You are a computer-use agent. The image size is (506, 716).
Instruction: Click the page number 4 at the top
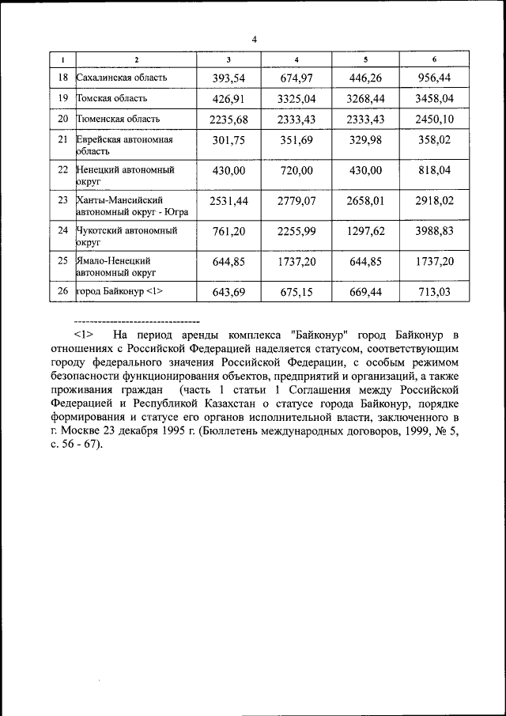(x=254, y=39)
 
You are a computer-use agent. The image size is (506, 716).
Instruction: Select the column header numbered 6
(x=434, y=60)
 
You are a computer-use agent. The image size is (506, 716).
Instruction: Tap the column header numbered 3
(x=228, y=60)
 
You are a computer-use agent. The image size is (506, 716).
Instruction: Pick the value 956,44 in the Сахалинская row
(x=434, y=78)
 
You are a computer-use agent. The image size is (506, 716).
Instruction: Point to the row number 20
(x=63, y=119)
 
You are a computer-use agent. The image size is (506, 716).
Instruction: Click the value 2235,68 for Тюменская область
(x=228, y=119)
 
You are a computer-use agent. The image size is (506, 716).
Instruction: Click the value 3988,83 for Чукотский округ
(x=434, y=231)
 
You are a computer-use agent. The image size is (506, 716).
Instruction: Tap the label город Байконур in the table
(x=119, y=292)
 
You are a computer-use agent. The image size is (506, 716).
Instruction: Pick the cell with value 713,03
(x=434, y=292)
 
